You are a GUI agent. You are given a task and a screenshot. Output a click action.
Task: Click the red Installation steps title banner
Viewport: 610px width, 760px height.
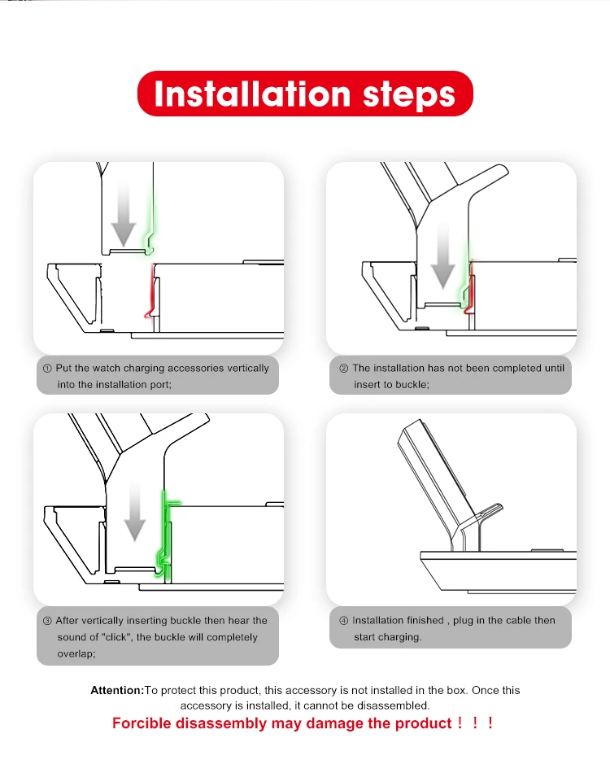pos(305,94)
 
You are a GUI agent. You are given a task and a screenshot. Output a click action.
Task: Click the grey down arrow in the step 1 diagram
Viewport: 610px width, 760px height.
pos(124,216)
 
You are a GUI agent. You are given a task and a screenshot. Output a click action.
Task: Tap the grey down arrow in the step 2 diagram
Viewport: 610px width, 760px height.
pos(442,256)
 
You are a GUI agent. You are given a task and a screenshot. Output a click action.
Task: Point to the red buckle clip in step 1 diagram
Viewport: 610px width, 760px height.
pos(151,290)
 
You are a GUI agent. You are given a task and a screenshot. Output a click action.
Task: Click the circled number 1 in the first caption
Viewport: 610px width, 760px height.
pos(47,369)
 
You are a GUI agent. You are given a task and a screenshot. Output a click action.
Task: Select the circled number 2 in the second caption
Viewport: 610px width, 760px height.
pos(343,369)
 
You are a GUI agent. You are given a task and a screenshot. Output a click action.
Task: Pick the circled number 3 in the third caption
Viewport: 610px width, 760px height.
pos(47,621)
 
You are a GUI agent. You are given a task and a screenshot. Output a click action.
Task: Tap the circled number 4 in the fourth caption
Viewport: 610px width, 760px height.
pos(343,621)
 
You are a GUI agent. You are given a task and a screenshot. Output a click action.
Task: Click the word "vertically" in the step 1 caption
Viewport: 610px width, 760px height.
pos(248,369)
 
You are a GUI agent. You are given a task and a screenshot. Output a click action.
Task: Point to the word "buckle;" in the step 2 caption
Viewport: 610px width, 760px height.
pos(412,385)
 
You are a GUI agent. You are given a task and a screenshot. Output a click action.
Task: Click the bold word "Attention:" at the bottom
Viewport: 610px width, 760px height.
pos(117,690)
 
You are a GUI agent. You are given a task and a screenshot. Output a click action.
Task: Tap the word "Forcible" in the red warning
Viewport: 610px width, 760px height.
pos(142,723)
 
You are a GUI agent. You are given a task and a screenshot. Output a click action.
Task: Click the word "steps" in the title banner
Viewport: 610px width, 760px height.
pos(409,95)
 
